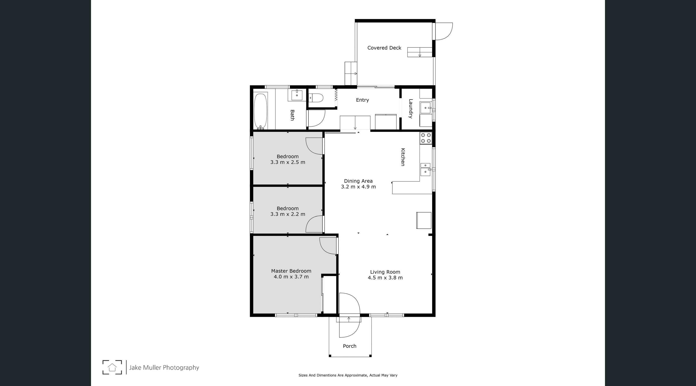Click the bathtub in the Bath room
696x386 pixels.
pos(261,111)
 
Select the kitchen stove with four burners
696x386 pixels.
pos(426,138)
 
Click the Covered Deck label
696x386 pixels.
pos(384,48)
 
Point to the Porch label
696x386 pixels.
pos(350,346)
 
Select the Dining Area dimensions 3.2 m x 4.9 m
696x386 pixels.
pos(358,187)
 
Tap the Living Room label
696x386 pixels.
pos(385,272)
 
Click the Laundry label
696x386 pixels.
pos(410,109)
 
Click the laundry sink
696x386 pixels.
pos(426,108)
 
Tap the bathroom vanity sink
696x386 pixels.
pos(297,95)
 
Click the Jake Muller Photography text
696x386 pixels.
pos(164,368)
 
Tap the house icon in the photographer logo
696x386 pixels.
pos(112,367)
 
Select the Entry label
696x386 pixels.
pos(362,100)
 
